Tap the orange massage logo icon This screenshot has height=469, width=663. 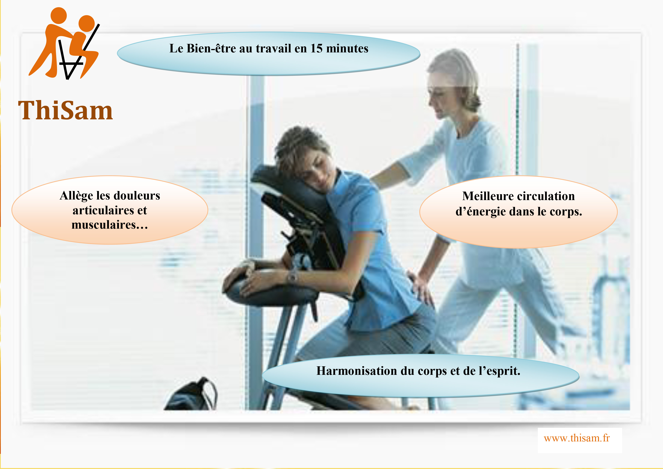click(x=64, y=43)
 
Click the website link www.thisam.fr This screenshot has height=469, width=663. click(x=577, y=438)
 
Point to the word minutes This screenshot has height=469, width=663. click(x=347, y=49)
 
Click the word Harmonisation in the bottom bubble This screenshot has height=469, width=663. click(x=357, y=371)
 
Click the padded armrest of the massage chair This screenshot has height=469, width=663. click(x=270, y=289)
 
